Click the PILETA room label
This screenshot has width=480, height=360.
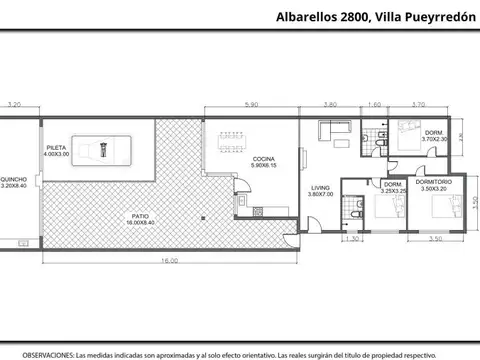coord(55,151)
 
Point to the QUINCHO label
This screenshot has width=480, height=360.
coord(15,182)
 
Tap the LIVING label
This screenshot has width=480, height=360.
coord(319,190)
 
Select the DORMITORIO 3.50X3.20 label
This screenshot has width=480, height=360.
coord(436,185)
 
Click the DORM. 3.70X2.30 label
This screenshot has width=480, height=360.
coord(434,137)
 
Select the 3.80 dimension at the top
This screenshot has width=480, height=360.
coord(330,104)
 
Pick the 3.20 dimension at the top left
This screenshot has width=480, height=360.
coord(15,104)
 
